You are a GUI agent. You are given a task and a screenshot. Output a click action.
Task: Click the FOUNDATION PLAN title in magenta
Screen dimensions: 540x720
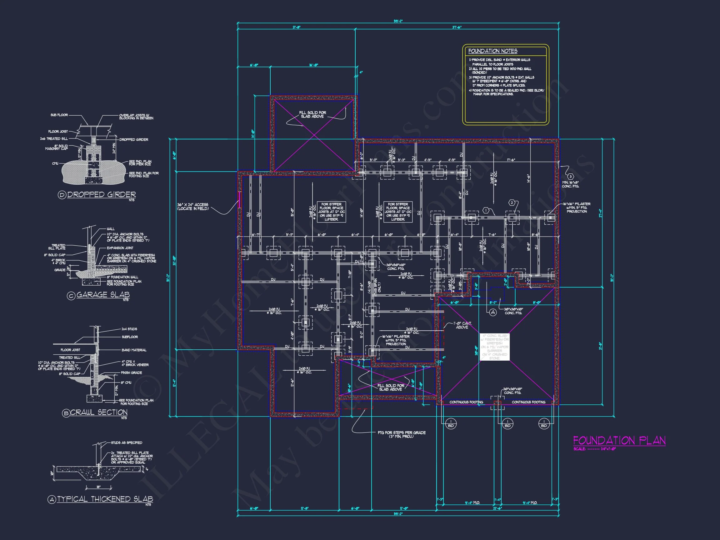(x=619, y=441)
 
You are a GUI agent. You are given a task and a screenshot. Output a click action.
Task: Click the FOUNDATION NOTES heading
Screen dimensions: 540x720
(x=492, y=51)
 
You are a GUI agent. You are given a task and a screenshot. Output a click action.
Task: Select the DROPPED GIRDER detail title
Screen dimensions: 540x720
(x=101, y=194)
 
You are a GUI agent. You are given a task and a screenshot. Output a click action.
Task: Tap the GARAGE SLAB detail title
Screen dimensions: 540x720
(x=103, y=295)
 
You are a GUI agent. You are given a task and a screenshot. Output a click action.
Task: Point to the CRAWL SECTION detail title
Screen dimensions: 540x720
(x=99, y=412)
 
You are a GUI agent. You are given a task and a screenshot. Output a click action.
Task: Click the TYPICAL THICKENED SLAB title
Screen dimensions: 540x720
(x=105, y=499)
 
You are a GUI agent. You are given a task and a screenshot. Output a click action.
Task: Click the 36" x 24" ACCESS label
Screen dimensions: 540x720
(x=193, y=206)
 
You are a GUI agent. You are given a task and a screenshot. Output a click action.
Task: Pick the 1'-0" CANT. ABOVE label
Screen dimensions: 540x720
(x=462, y=325)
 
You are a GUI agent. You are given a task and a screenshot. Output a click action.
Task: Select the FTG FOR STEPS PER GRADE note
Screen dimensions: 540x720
(x=401, y=434)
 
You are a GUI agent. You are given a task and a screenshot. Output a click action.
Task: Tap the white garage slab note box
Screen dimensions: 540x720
(x=494, y=347)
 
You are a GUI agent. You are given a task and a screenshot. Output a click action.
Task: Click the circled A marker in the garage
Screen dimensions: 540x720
(x=493, y=312)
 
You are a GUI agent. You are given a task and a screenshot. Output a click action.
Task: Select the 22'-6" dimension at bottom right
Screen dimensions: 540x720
(x=497, y=508)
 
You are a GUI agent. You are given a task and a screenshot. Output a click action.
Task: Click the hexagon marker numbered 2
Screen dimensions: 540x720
(x=511, y=203)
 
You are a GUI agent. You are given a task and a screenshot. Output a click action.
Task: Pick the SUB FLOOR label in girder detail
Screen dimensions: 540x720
(x=59, y=115)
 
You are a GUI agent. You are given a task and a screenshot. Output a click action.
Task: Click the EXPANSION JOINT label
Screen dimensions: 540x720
(x=120, y=248)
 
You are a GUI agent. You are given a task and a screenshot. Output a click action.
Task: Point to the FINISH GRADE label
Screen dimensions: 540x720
(x=131, y=373)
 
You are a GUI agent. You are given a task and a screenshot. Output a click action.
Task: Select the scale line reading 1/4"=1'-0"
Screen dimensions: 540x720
(x=594, y=449)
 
